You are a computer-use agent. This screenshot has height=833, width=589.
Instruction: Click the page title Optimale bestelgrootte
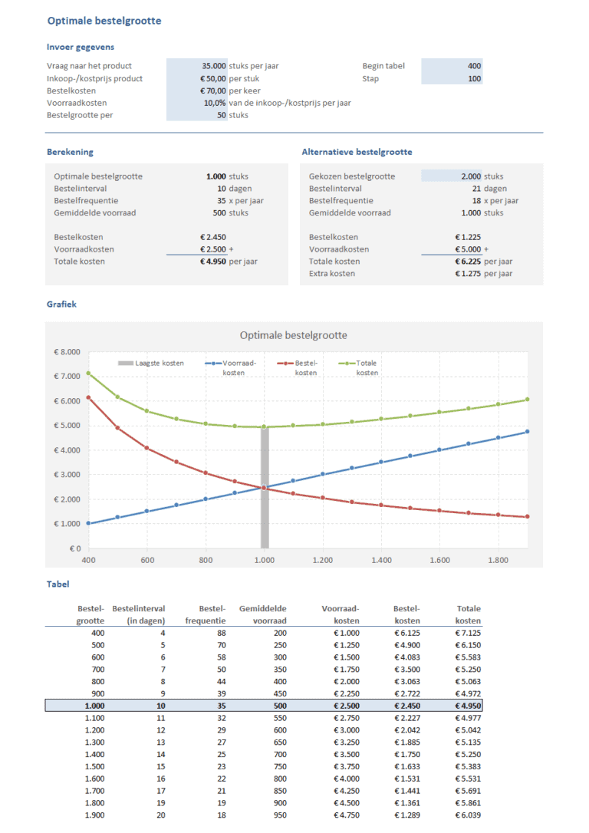tap(104, 21)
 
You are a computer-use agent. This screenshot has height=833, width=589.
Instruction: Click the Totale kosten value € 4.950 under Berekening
tap(212, 262)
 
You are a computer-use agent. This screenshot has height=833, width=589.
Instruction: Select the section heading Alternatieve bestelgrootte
tap(357, 152)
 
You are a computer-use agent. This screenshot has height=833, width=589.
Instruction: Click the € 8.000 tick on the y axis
tap(67, 352)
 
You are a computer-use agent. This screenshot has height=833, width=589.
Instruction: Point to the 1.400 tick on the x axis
tap(382, 561)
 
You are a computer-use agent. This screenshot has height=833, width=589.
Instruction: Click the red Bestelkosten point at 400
tap(88, 397)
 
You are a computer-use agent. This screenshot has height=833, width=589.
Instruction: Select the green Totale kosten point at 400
tap(88, 374)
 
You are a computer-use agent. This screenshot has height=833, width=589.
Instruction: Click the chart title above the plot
tap(293, 335)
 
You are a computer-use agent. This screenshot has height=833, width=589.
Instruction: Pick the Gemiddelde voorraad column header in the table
tap(262, 614)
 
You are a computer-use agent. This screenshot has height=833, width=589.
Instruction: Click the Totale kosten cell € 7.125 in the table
tap(467, 633)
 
